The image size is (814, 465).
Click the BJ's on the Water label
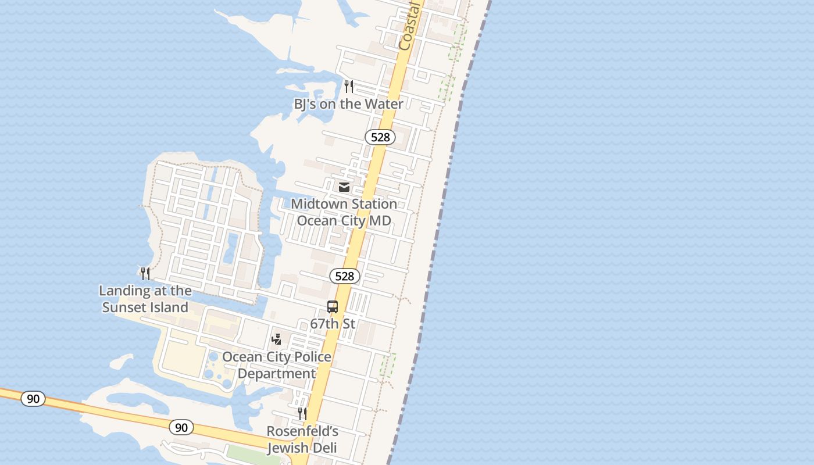click(x=348, y=104)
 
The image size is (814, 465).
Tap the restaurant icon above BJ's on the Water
click(x=348, y=87)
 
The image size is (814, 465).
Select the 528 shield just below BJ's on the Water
click(x=380, y=137)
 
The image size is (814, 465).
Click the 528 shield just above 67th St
click(x=345, y=276)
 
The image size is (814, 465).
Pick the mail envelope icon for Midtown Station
click(x=344, y=187)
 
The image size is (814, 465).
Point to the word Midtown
click(x=320, y=204)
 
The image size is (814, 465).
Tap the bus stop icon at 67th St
click(x=333, y=307)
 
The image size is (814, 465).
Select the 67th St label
click(x=333, y=324)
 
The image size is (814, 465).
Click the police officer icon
click(x=277, y=339)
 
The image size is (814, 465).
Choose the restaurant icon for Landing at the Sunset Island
click(x=145, y=273)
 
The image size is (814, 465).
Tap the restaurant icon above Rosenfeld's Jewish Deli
click(x=302, y=413)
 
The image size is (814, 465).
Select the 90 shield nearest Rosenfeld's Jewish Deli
click(x=181, y=428)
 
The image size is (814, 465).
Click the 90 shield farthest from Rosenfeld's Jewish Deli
click(x=33, y=399)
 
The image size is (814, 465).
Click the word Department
click(x=277, y=374)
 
